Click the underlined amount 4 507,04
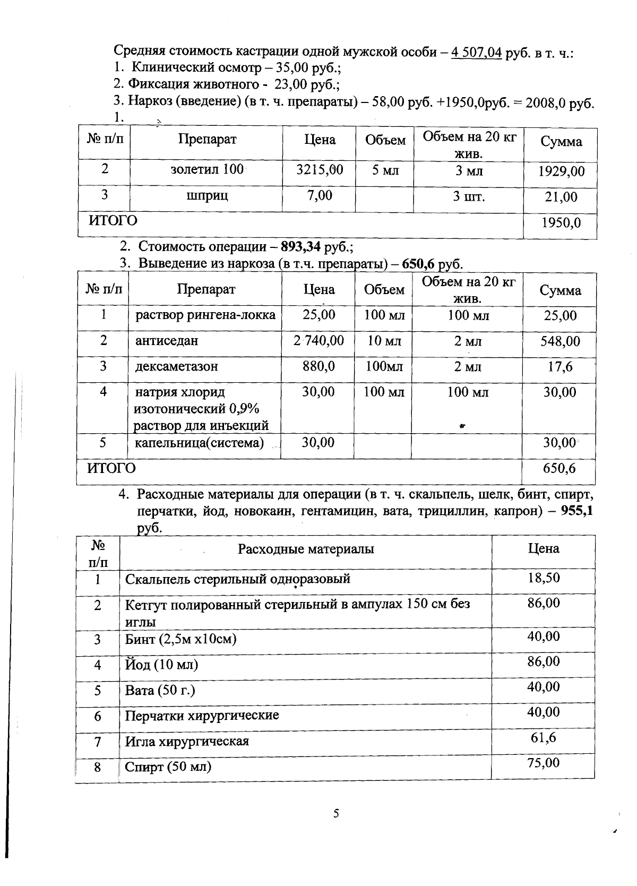point(476,53)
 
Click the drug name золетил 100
point(207,169)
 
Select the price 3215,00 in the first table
point(320,169)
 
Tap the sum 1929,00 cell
point(561,171)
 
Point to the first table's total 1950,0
point(561,223)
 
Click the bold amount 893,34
point(300,247)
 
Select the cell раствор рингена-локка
point(205,315)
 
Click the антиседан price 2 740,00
point(318,340)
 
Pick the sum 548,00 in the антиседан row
point(560,341)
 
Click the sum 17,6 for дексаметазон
point(560,367)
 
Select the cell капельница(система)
point(199,443)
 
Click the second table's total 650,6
point(559,468)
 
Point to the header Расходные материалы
point(306,549)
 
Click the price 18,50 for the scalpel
point(544,578)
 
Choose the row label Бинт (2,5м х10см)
point(180,639)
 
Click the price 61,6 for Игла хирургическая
point(544,737)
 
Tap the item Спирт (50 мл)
point(168,767)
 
